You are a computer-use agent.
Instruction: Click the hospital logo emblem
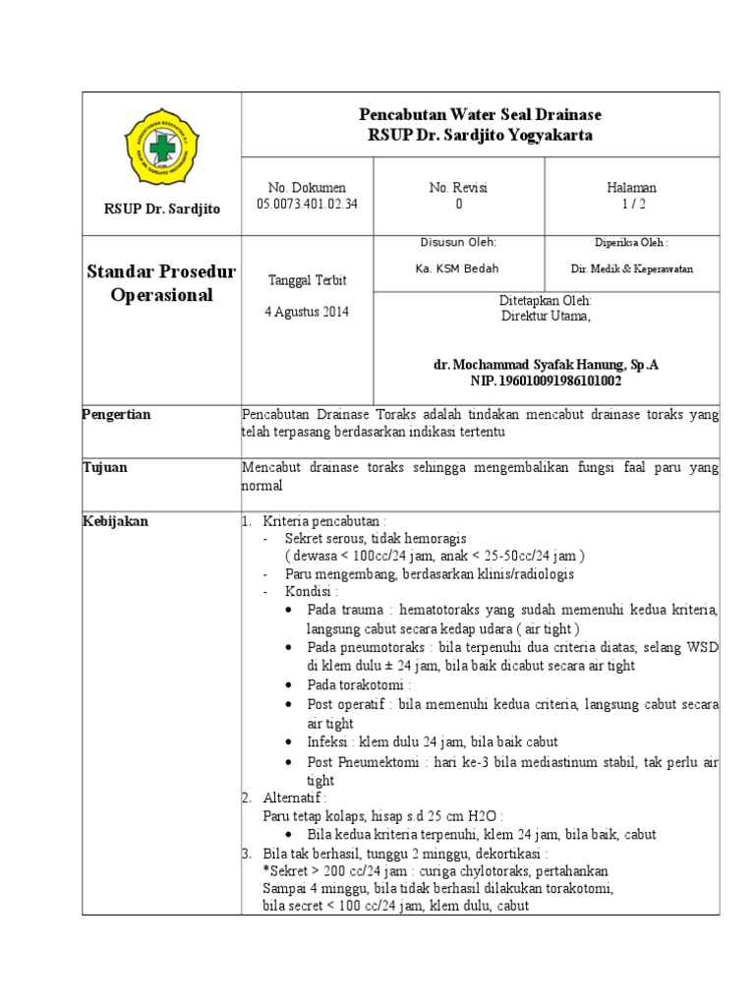tap(162, 145)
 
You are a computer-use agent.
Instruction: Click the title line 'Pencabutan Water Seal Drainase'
tap(480, 115)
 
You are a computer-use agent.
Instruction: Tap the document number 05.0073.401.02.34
tap(308, 205)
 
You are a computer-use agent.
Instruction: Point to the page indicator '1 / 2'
tap(632, 205)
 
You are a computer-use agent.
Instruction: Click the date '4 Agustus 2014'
tap(308, 313)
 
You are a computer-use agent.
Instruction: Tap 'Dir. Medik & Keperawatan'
tap(631, 268)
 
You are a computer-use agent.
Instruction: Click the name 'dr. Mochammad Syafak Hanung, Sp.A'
tap(546, 365)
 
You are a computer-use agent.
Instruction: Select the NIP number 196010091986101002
tap(546, 382)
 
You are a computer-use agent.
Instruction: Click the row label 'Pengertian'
tap(116, 414)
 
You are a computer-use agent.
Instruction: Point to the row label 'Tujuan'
tap(104, 468)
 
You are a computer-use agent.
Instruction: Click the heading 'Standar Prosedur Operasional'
tap(162, 283)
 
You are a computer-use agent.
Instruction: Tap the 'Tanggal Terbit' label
tap(308, 280)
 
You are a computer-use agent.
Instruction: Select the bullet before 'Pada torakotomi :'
tap(286, 684)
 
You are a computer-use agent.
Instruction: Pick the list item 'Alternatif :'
tap(295, 798)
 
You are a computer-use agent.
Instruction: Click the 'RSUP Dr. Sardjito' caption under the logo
tap(162, 208)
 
